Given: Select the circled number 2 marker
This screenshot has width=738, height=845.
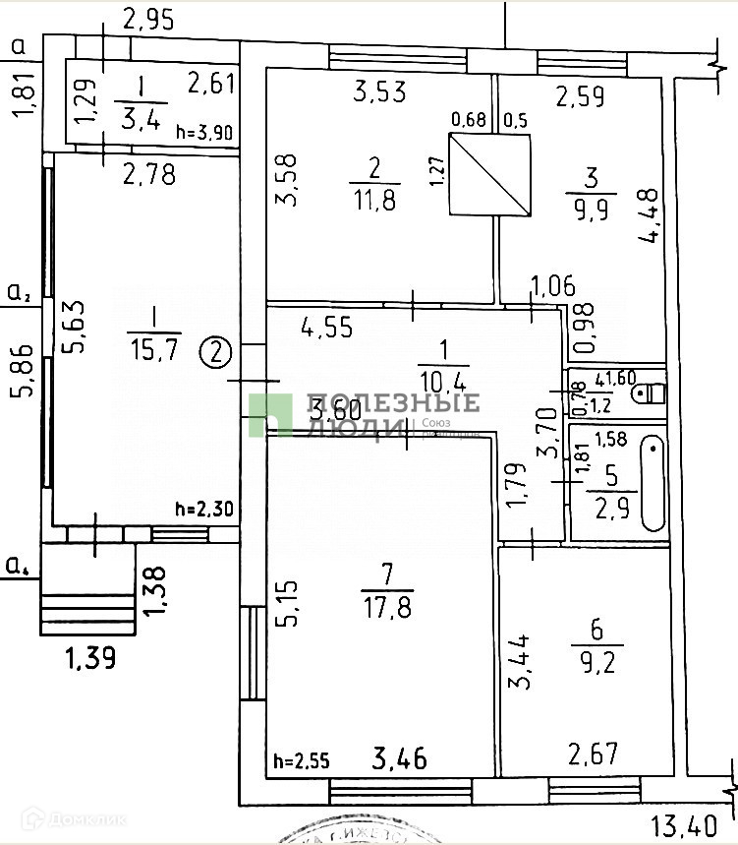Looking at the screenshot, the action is click(217, 350).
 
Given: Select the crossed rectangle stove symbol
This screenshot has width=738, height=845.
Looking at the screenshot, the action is click(489, 174).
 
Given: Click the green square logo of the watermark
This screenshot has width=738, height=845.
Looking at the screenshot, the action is click(269, 414).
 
